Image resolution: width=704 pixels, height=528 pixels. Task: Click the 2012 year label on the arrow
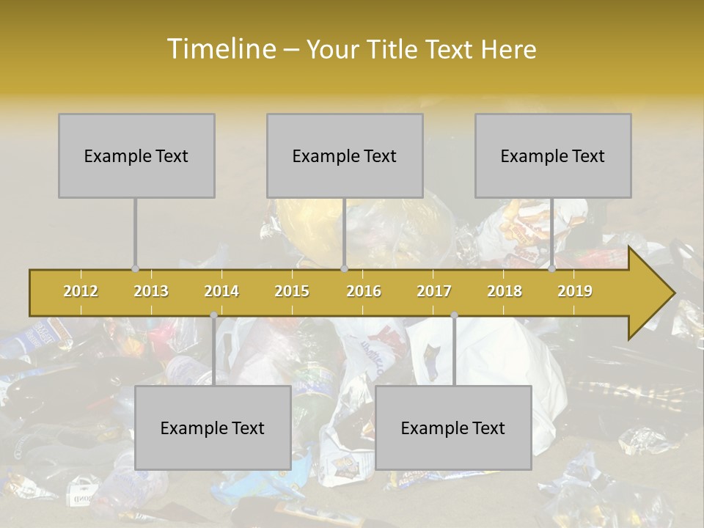(x=81, y=291)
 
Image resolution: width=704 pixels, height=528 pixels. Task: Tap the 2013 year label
(x=151, y=291)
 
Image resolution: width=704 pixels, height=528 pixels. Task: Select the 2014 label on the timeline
(x=221, y=291)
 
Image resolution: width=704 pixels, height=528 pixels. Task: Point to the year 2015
(x=292, y=291)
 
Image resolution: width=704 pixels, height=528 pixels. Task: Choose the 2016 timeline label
(x=364, y=291)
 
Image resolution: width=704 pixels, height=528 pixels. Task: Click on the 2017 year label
(x=434, y=291)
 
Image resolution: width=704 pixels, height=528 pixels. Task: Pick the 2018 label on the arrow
(x=505, y=291)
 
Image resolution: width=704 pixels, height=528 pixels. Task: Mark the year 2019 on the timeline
(x=575, y=291)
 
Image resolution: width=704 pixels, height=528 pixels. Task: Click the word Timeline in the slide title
(x=221, y=49)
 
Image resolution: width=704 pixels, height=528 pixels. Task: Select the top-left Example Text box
(x=136, y=155)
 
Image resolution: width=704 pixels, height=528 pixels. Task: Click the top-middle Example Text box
(x=345, y=155)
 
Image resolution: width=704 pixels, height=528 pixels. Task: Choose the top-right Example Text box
(x=553, y=155)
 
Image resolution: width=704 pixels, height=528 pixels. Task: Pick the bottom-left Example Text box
(x=213, y=428)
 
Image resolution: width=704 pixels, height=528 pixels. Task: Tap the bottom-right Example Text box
(x=453, y=428)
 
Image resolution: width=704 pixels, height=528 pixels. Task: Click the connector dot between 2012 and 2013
(x=135, y=269)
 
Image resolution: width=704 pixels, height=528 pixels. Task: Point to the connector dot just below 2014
(x=213, y=315)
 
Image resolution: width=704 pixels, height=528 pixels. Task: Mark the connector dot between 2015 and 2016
(x=344, y=269)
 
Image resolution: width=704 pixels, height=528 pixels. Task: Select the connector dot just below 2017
(x=454, y=315)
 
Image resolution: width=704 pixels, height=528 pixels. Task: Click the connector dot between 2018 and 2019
(x=552, y=269)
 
